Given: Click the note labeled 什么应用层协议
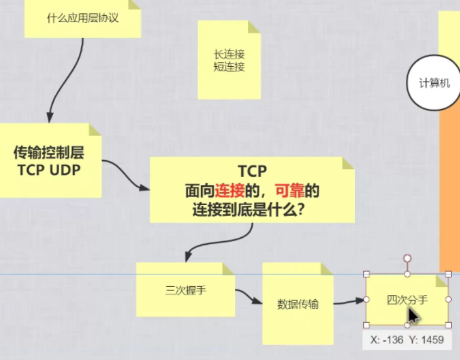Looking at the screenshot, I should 82,18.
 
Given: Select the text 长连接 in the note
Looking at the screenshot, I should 229,54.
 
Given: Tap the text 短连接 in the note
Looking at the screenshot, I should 229,67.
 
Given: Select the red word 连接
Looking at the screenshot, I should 228,191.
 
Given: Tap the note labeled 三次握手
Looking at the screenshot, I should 185,290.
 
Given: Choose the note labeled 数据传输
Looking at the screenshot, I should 297,304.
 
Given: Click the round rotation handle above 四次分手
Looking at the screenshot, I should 407,258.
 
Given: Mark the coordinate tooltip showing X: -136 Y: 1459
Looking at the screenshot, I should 407,340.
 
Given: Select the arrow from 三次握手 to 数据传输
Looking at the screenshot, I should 248,298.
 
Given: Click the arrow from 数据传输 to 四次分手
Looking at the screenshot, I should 348,301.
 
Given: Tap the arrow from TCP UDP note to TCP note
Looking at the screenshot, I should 126,175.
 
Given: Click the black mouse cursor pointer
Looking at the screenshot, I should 413,316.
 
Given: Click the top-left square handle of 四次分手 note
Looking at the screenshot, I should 366,274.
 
